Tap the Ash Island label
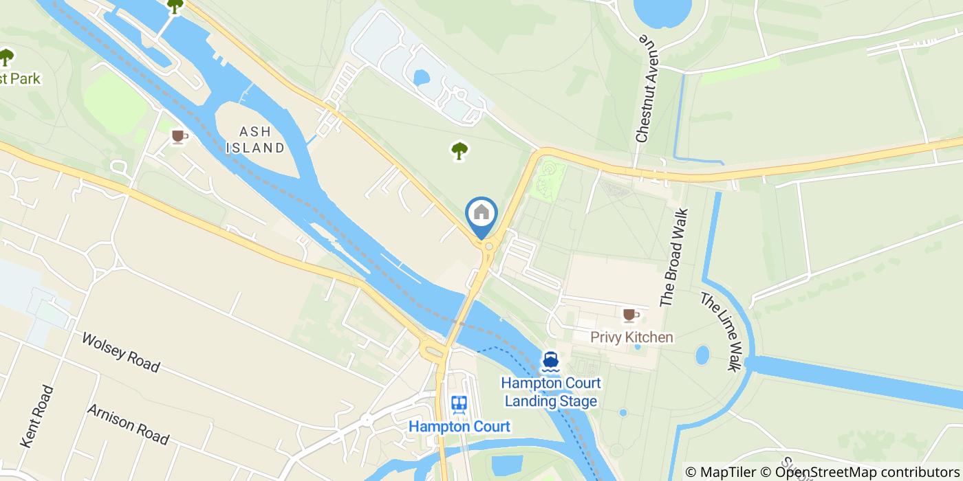coord(252,139)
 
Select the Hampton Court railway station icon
coord(459,404)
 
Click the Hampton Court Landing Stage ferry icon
coord(550,360)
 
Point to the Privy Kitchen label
coord(631,337)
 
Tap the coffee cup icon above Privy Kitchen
coord(629,315)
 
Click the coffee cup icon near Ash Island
coord(179,137)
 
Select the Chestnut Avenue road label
coord(645,90)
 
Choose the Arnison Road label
coord(128,423)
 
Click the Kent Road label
coord(38,416)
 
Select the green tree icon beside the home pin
coord(459,150)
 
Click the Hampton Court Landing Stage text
coord(550,392)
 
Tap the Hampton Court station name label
coord(459,427)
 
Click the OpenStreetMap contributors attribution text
coord(868,472)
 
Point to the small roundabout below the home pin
coord(488,246)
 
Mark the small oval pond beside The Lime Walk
coord(702,355)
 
